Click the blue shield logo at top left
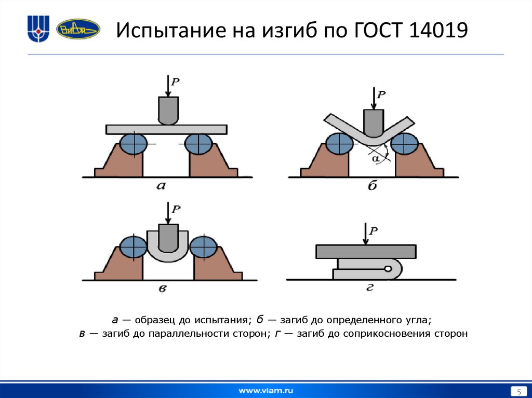[38, 29]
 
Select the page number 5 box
[517, 390]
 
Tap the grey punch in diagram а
[168, 110]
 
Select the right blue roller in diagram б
[405, 143]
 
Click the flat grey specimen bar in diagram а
[166, 129]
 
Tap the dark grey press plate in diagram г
[365, 252]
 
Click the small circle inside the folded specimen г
[388, 269]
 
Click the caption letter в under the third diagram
[162, 289]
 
